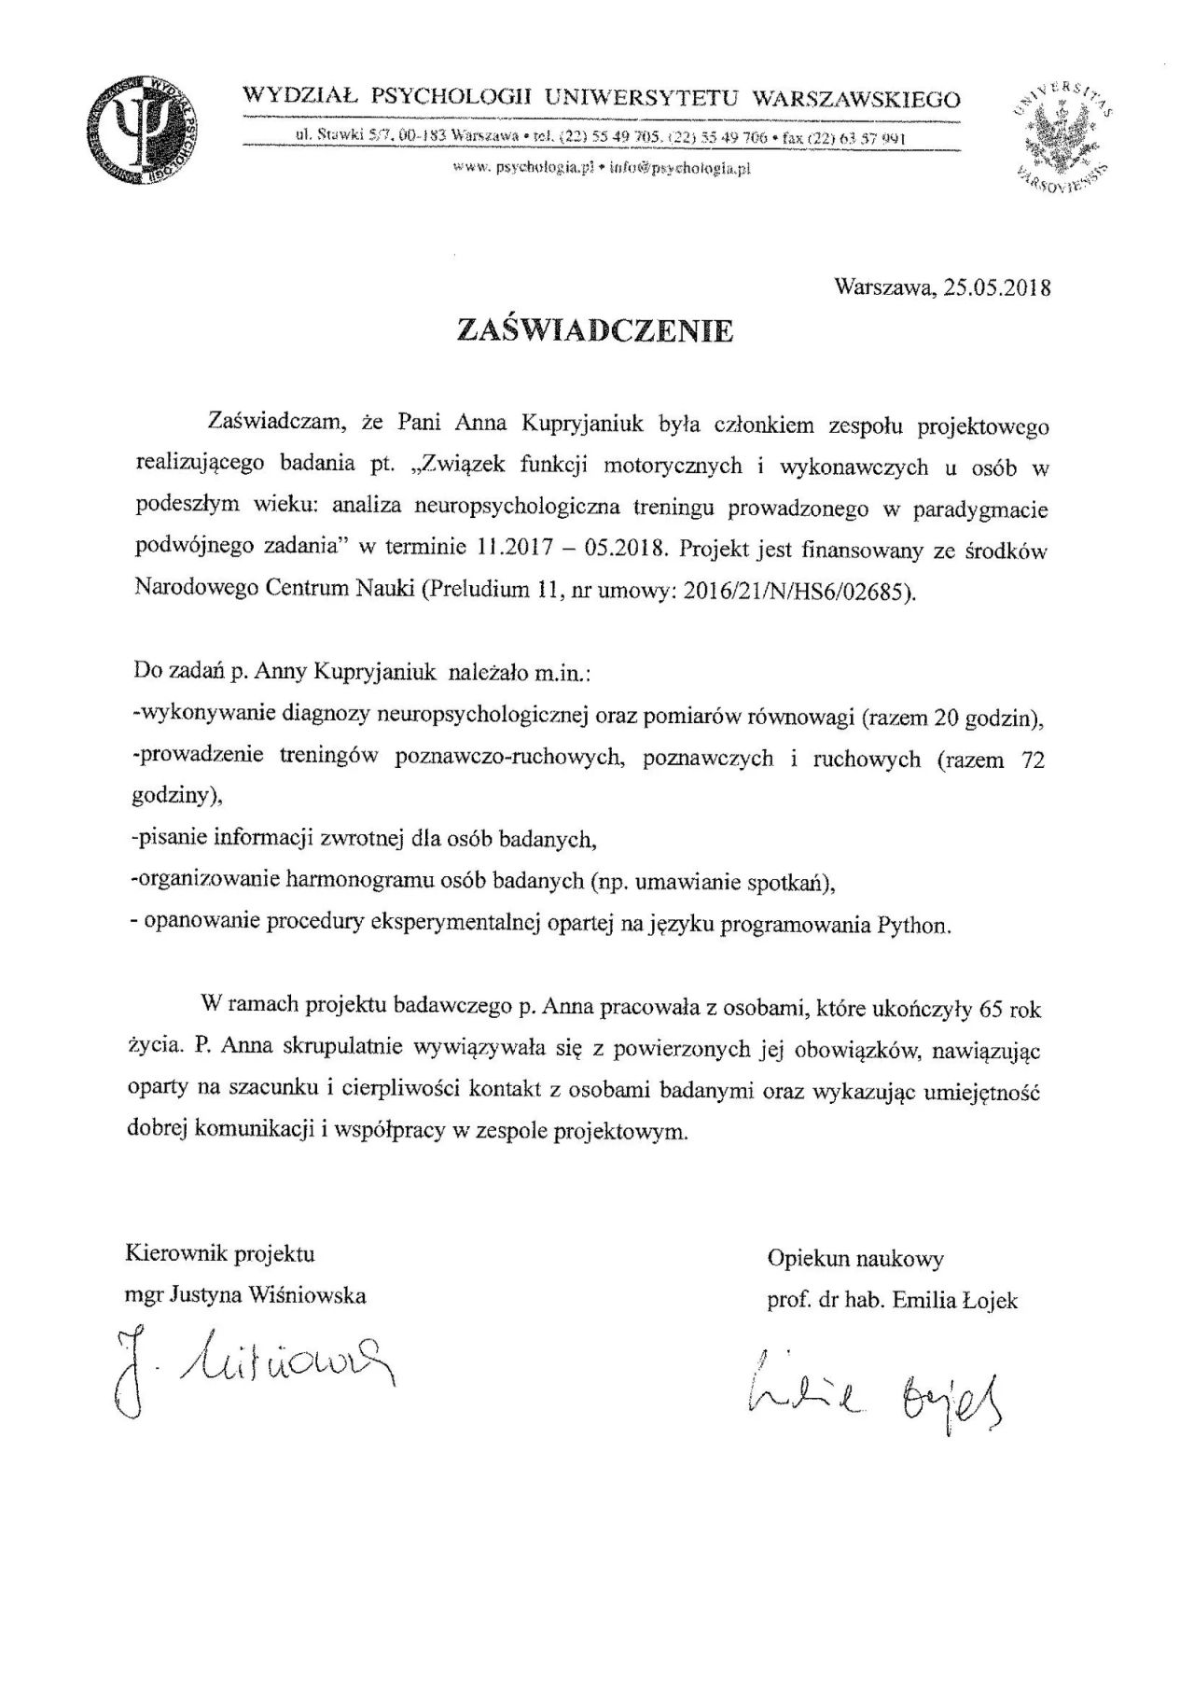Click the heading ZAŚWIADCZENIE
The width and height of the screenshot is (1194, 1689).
click(595, 331)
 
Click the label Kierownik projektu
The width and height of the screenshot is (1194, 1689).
click(220, 1253)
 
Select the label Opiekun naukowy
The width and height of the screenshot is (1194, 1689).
click(855, 1259)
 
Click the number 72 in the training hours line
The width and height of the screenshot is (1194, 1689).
click(1033, 760)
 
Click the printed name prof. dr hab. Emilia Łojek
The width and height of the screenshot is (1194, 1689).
click(892, 1300)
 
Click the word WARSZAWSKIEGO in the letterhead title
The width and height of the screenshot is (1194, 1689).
click(855, 98)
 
